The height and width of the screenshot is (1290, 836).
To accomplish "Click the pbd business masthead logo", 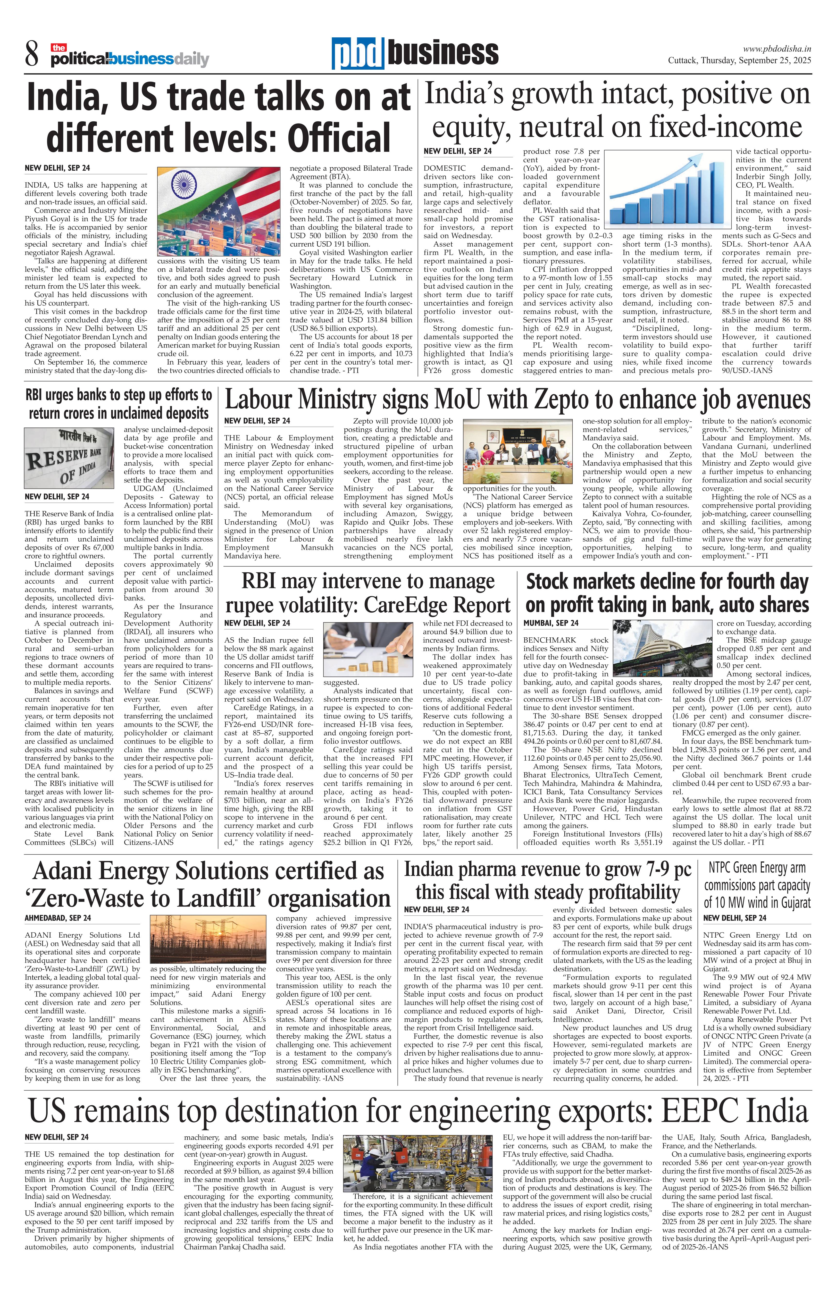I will click(x=415, y=53).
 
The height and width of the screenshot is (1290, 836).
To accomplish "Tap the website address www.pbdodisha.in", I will click(x=776, y=49).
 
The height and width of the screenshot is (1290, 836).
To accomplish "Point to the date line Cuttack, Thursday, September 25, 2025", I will click(x=739, y=61).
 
